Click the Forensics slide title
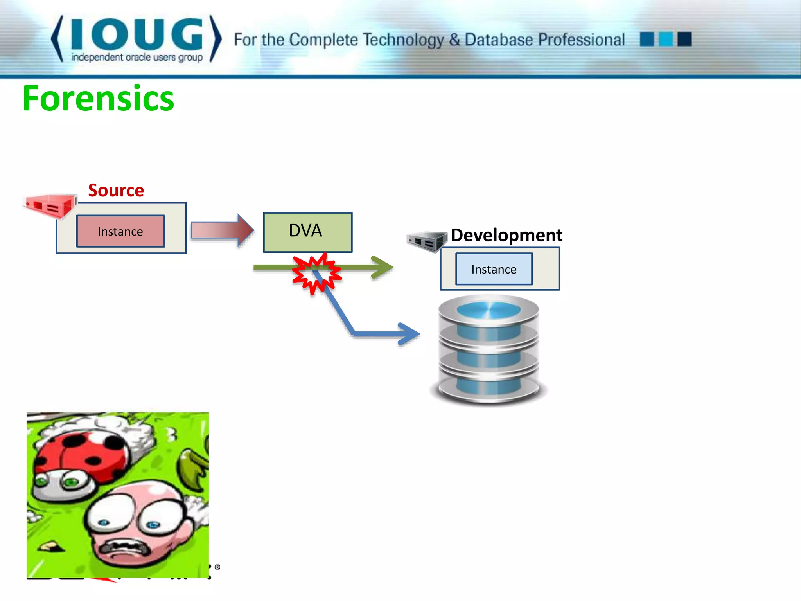click(x=98, y=99)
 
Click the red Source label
click(x=116, y=191)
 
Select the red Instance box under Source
click(x=120, y=231)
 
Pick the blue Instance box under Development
click(x=494, y=269)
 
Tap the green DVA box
click(x=307, y=232)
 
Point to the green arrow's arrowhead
click(x=383, y=267)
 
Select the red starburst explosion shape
click(x=316, y=274)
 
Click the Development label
click(x=506, y=235)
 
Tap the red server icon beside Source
click(x=50, y=206)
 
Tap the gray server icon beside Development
click(x=427, y=241)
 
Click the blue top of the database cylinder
click(x=489, y=310)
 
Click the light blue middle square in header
click(x=666, y=39)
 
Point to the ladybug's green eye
click(x=71, y=482)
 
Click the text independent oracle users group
click(x=136, y=58)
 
